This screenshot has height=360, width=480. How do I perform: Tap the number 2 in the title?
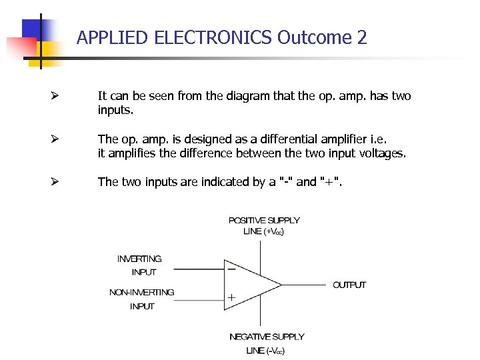coord(362,37)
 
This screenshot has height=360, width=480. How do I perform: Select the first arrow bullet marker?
coord(57,97)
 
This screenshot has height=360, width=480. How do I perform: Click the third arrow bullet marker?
coord(57,182)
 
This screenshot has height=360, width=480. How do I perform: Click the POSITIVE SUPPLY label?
coord(264,220)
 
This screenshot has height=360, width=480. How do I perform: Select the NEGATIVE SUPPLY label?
coord(267,337)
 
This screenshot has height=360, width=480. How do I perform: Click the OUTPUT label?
coord(349,285)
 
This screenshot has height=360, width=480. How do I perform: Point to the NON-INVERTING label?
coord(142,292)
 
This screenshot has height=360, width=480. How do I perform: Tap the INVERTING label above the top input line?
coord(139,259)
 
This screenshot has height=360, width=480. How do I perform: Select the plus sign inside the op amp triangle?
coord(231,299)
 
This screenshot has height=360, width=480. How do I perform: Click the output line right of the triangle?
coord(303,285)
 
